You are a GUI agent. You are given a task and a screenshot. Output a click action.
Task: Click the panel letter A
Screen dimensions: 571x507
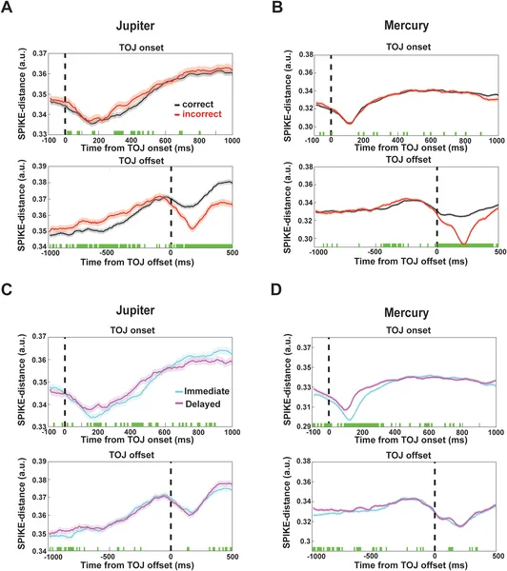tap(8, 9)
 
